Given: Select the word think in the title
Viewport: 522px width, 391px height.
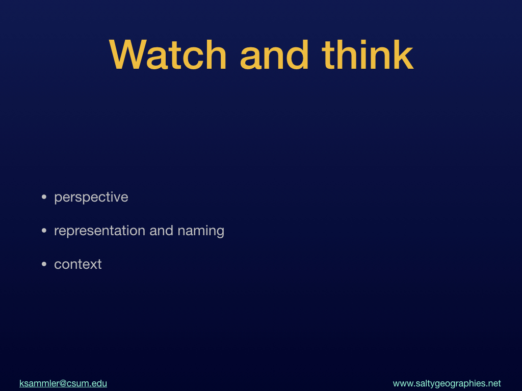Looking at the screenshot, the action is [368, 55].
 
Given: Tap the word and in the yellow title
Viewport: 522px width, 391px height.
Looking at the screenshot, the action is [274, 55].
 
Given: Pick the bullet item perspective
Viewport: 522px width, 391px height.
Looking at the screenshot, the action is [91, 198].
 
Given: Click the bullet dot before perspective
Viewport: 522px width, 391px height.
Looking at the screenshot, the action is [44, 197].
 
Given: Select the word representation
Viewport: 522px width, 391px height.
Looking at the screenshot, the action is [99, 231].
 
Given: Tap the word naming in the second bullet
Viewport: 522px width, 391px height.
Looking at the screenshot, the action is [201, 231].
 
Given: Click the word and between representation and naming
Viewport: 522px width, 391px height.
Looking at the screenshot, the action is [161, 231].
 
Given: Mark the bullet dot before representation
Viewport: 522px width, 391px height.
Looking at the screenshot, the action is [44, 231].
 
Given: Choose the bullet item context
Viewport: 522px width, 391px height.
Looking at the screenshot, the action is [78, 264].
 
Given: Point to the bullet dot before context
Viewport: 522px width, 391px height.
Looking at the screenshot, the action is [44, 264].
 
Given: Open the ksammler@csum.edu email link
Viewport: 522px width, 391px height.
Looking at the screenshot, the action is [63, 383].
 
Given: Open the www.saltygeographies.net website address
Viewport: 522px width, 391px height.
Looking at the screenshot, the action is [447, 384].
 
